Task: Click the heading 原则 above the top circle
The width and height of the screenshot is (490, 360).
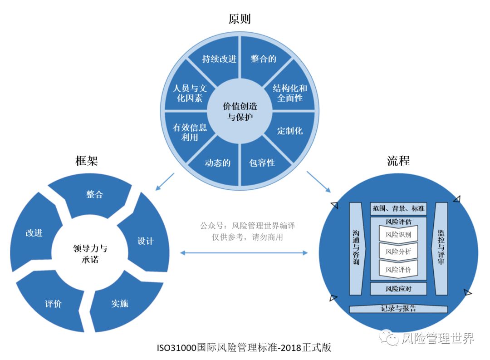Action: (240, 19)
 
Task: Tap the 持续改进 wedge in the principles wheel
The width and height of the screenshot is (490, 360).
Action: (219, 59)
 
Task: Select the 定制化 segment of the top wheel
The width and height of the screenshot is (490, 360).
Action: (289, 131)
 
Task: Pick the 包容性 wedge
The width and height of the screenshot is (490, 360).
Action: (262, 163)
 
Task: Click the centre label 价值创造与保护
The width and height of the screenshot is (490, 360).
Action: (240, 112)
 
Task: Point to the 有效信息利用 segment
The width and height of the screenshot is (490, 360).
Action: (190, 132)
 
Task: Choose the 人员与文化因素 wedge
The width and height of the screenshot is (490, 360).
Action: (190, 92)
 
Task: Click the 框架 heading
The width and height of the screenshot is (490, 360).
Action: (87, 161)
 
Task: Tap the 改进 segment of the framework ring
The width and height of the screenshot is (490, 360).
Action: (34, 232)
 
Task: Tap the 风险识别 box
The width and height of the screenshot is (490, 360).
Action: (398, 235)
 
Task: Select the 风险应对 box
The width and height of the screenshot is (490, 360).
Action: (398, 289)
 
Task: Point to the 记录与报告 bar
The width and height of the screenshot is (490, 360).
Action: (398, 309)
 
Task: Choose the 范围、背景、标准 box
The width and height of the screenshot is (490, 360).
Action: (398, 209)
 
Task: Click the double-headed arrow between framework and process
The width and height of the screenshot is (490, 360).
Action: (244, 252)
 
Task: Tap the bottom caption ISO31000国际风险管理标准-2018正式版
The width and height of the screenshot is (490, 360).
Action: (244, 348)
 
